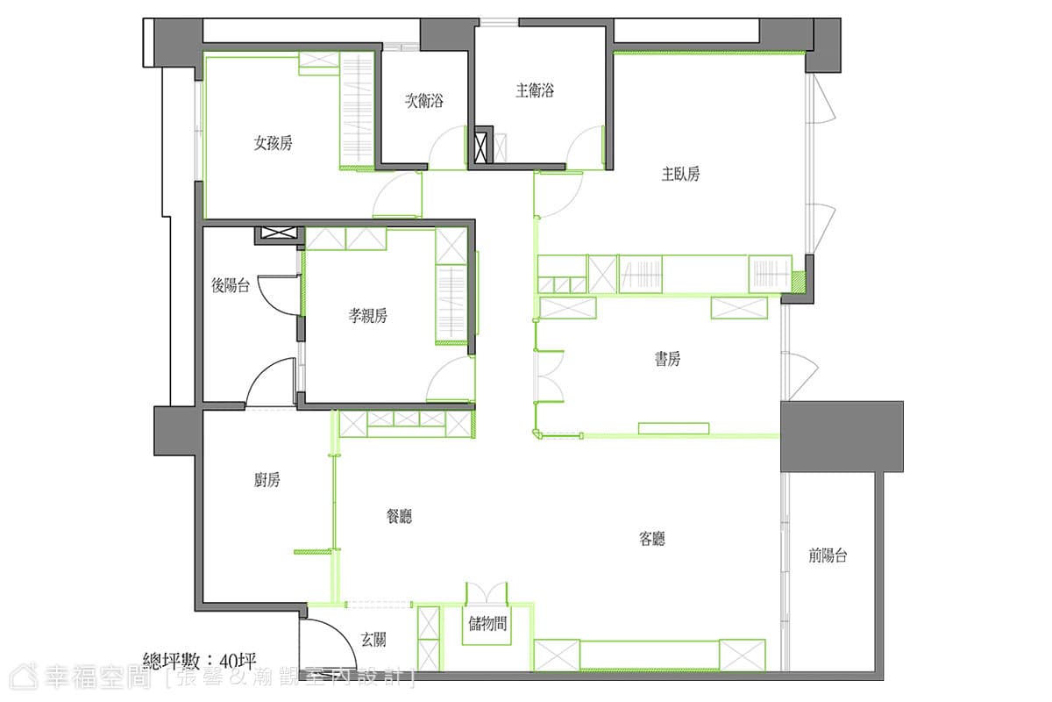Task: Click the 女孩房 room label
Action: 273,143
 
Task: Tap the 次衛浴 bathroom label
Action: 424,101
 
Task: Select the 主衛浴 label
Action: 535,90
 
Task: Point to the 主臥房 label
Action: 680,174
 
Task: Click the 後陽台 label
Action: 230,285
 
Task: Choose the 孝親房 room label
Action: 367,316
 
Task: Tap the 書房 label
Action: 667,359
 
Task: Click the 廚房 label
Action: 267,480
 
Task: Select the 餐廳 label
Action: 399,516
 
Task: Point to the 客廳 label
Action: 652,539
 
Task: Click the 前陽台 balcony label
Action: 828,555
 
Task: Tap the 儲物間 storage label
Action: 487,624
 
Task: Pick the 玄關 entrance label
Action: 373,640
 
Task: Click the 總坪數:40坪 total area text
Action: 200,661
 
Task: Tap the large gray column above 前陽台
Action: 842,436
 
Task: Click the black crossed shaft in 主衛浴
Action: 483,147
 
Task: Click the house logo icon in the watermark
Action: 24,677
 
